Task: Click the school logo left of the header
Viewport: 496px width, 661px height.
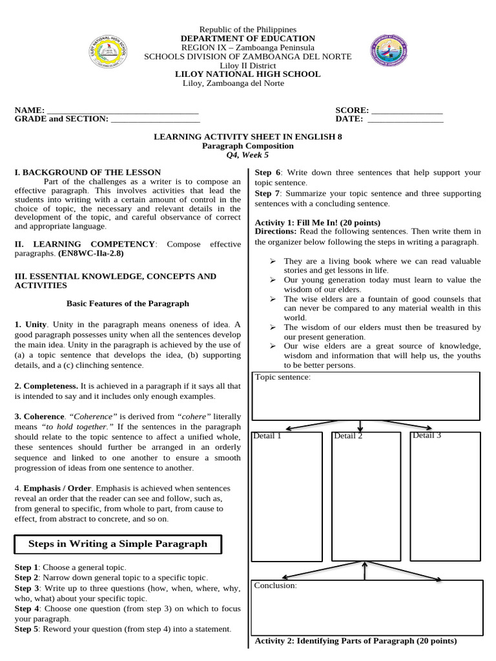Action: pyautogui.click(x=107, y=52)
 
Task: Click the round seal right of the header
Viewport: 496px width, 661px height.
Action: pyautogui.click(x=389, y=50)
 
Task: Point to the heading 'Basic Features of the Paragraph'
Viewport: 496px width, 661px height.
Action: pyautogui.click(x=128, y=303)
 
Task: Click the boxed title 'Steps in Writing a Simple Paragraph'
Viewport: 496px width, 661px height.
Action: pyautogui.click(x=118, y=544)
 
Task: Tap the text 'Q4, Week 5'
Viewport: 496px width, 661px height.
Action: pyautogui.click(x=247, y=155)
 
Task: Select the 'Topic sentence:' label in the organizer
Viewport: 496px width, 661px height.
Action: pyautogui.click(x=283, y=377)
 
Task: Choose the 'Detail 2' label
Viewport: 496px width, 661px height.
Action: pyautogui.click(x=348, y=436)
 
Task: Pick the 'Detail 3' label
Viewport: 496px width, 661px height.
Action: pyautogui.click(x=426, y=436)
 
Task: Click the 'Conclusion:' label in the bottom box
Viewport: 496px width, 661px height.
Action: pyautogui.click(x=275, y=585)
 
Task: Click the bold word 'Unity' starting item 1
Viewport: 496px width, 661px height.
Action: pyautogui.click(x=36, y=324)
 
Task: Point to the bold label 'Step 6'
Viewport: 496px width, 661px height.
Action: pyautogui.click(x=268, y=172)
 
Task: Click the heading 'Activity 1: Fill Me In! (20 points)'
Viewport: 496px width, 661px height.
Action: pyautogui.click(x=318, y=222)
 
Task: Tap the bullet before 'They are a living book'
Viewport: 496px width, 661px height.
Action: pyautogui.click(x=273, y=261)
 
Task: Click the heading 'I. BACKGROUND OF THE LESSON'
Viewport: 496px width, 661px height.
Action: pyautogui.click(x=88, y=172)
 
